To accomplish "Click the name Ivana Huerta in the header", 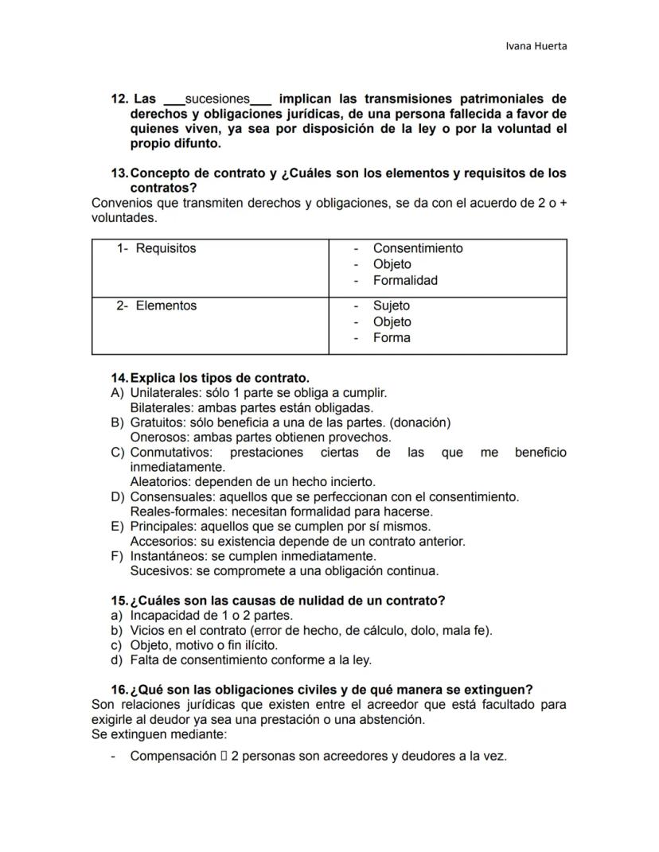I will point(536,45).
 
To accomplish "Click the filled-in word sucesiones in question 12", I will point(217,99).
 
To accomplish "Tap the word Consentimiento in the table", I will point(417,248).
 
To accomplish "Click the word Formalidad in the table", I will point(405,280).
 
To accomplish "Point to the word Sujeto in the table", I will point(391,305).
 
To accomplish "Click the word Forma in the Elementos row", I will point(392,337).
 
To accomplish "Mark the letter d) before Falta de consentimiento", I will point(116,660).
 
